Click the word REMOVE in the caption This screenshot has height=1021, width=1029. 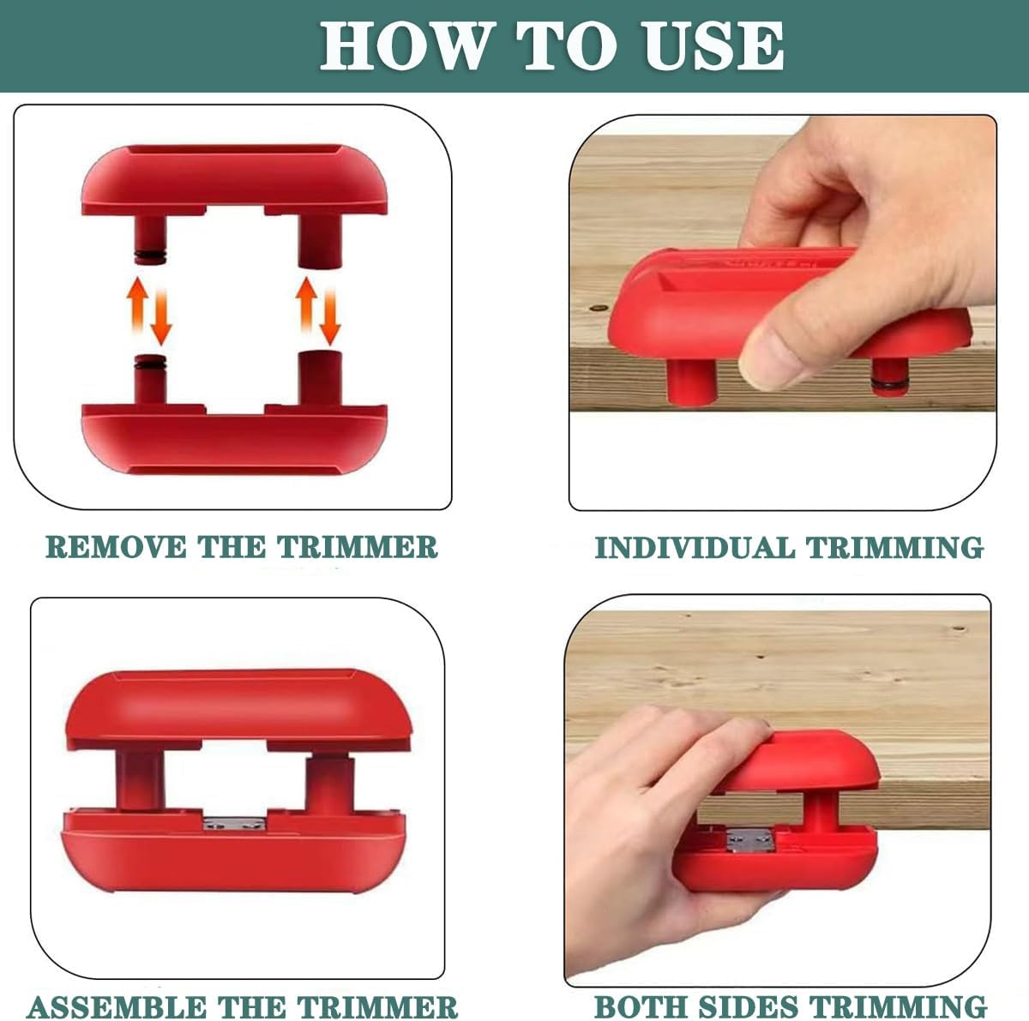coord(117,547)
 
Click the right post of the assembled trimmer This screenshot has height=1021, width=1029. coord(328,784)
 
